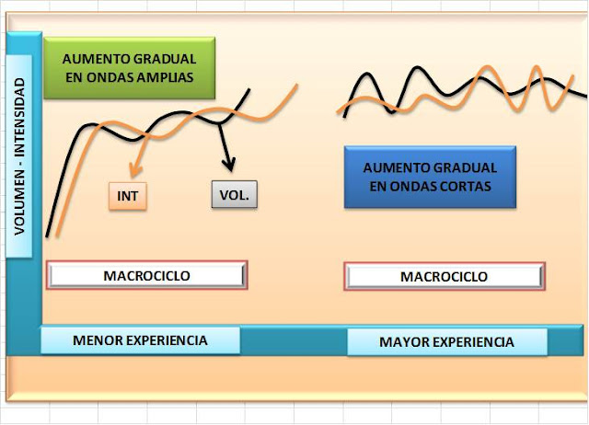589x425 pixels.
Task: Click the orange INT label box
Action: (x=128, y=196)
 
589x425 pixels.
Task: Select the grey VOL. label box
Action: (x=235, y=194)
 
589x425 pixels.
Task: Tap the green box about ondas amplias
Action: (x=129, y=68)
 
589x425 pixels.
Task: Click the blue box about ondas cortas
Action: (x=430, y=177)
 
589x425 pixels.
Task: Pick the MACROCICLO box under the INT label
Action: (x=147, y=275)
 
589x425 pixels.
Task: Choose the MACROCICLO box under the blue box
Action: (x=445, y=276)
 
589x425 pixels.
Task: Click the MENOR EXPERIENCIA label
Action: (x=140, y=340)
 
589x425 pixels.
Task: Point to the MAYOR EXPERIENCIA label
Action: (x=447, y=341)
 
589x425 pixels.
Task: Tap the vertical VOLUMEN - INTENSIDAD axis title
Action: (x=19, y=156)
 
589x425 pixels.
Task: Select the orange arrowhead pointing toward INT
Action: (x=134, y=170)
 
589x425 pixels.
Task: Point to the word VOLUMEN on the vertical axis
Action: (x=19, y=203)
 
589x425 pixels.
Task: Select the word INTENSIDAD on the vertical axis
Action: (x=19, y=117)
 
